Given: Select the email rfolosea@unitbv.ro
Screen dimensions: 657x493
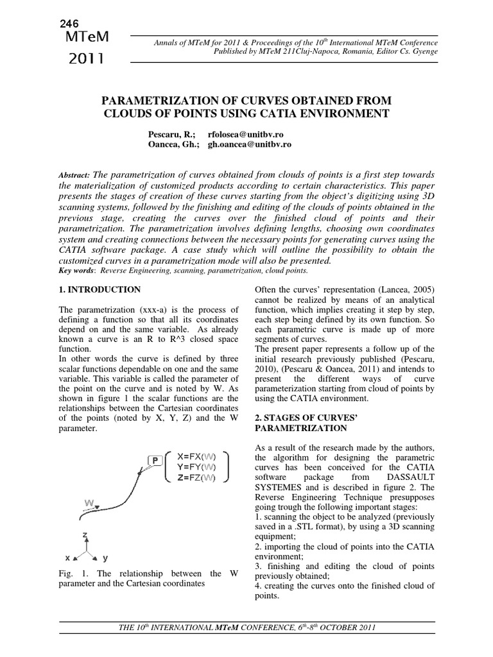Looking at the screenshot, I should click(x=246, y=134).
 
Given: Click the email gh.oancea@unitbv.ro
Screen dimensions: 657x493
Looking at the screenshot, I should click(x=250, y=144).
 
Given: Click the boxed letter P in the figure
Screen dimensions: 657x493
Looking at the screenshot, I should click(x=155, y=459).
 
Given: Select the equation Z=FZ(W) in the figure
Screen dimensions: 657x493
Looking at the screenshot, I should click(x=196, y=477).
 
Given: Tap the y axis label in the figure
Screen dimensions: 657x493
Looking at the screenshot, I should click(x=106, y=558).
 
